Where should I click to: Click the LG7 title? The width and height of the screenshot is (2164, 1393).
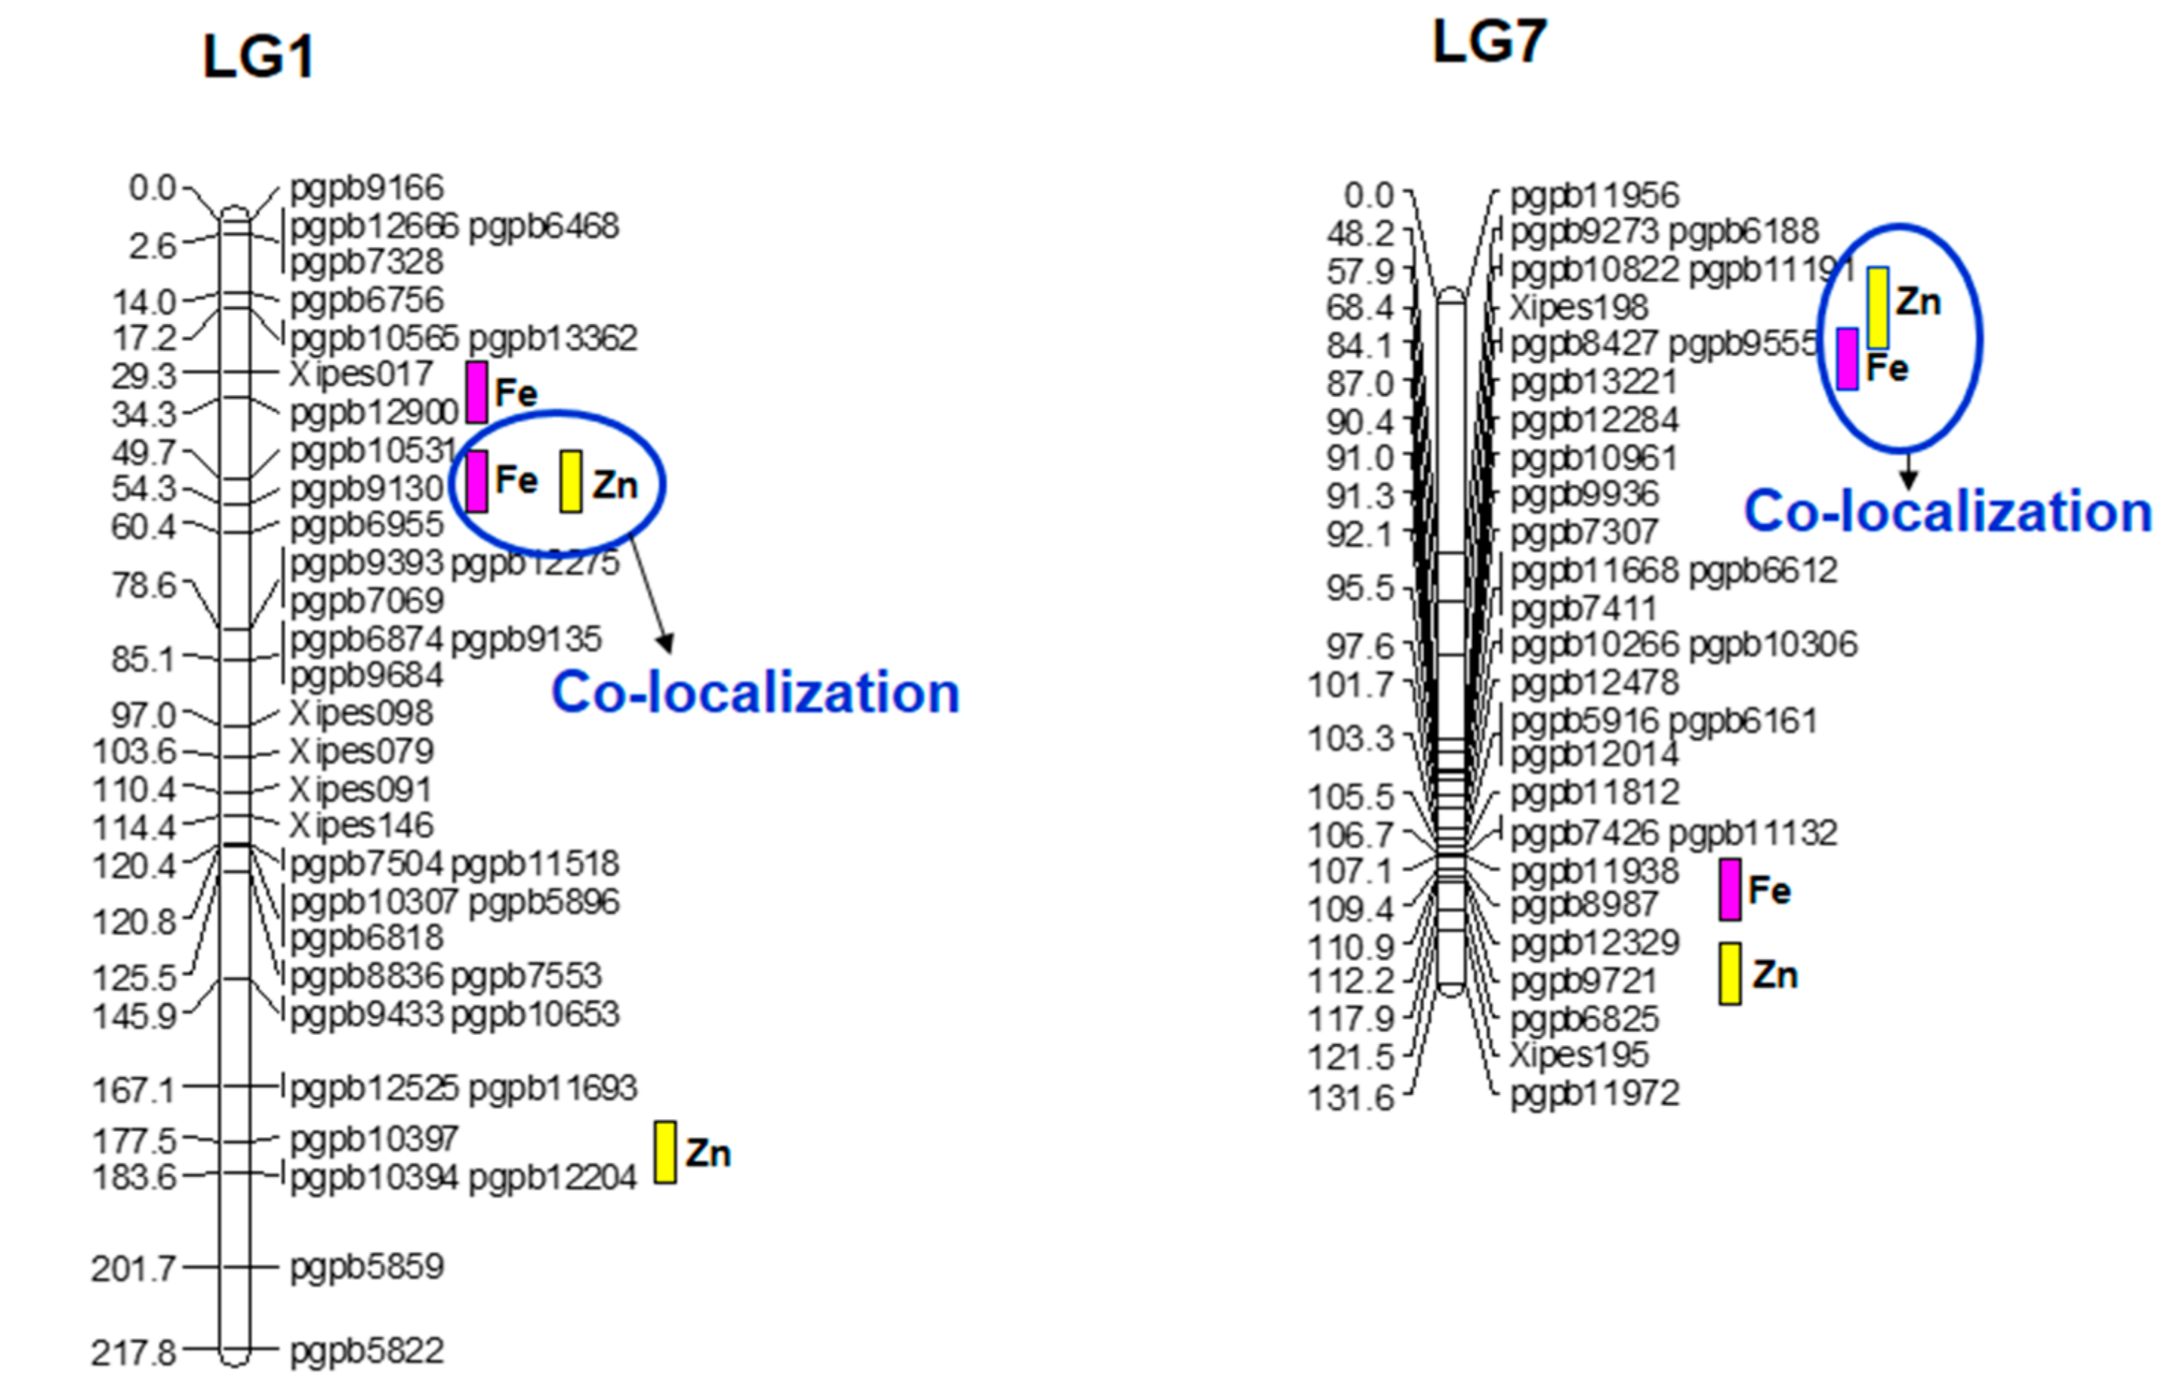point(1489,42)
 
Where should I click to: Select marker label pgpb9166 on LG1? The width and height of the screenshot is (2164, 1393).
point(366,188)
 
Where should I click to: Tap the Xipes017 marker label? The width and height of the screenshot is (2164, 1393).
point(361,374)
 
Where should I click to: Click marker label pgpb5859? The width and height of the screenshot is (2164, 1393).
point(366,1266)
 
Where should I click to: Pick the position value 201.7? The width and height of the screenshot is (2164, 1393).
point(133,1269)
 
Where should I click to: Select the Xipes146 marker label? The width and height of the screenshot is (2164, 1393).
point(361,826)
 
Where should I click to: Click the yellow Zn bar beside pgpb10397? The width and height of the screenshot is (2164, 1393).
point(665,1152)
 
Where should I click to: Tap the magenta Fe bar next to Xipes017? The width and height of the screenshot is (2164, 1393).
point(476,393)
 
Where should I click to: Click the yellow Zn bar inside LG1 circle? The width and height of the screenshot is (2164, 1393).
point(570,481)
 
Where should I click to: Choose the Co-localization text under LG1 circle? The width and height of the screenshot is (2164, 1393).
point(755,694)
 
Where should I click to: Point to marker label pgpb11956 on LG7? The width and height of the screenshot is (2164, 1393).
point(1594,196)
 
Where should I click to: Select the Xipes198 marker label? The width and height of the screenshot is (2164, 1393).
point(1579,307)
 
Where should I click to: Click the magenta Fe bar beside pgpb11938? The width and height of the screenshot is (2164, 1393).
point(1729,890)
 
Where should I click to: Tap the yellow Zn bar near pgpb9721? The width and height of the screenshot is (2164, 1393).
point(1729,974)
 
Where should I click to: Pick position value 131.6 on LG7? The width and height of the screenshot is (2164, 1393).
point(1351,1098)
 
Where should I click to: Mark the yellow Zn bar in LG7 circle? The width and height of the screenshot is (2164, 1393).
point(1878,307)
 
